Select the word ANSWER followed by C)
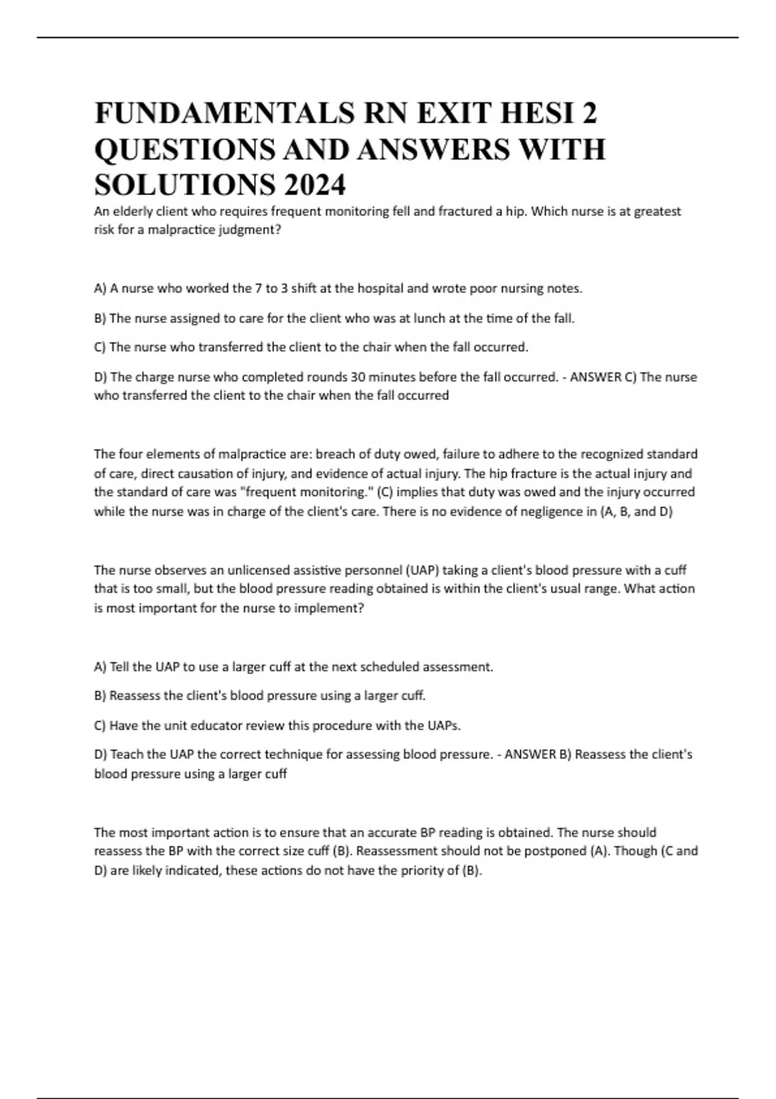coord(596,377)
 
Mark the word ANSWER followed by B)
coord(530,754)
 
